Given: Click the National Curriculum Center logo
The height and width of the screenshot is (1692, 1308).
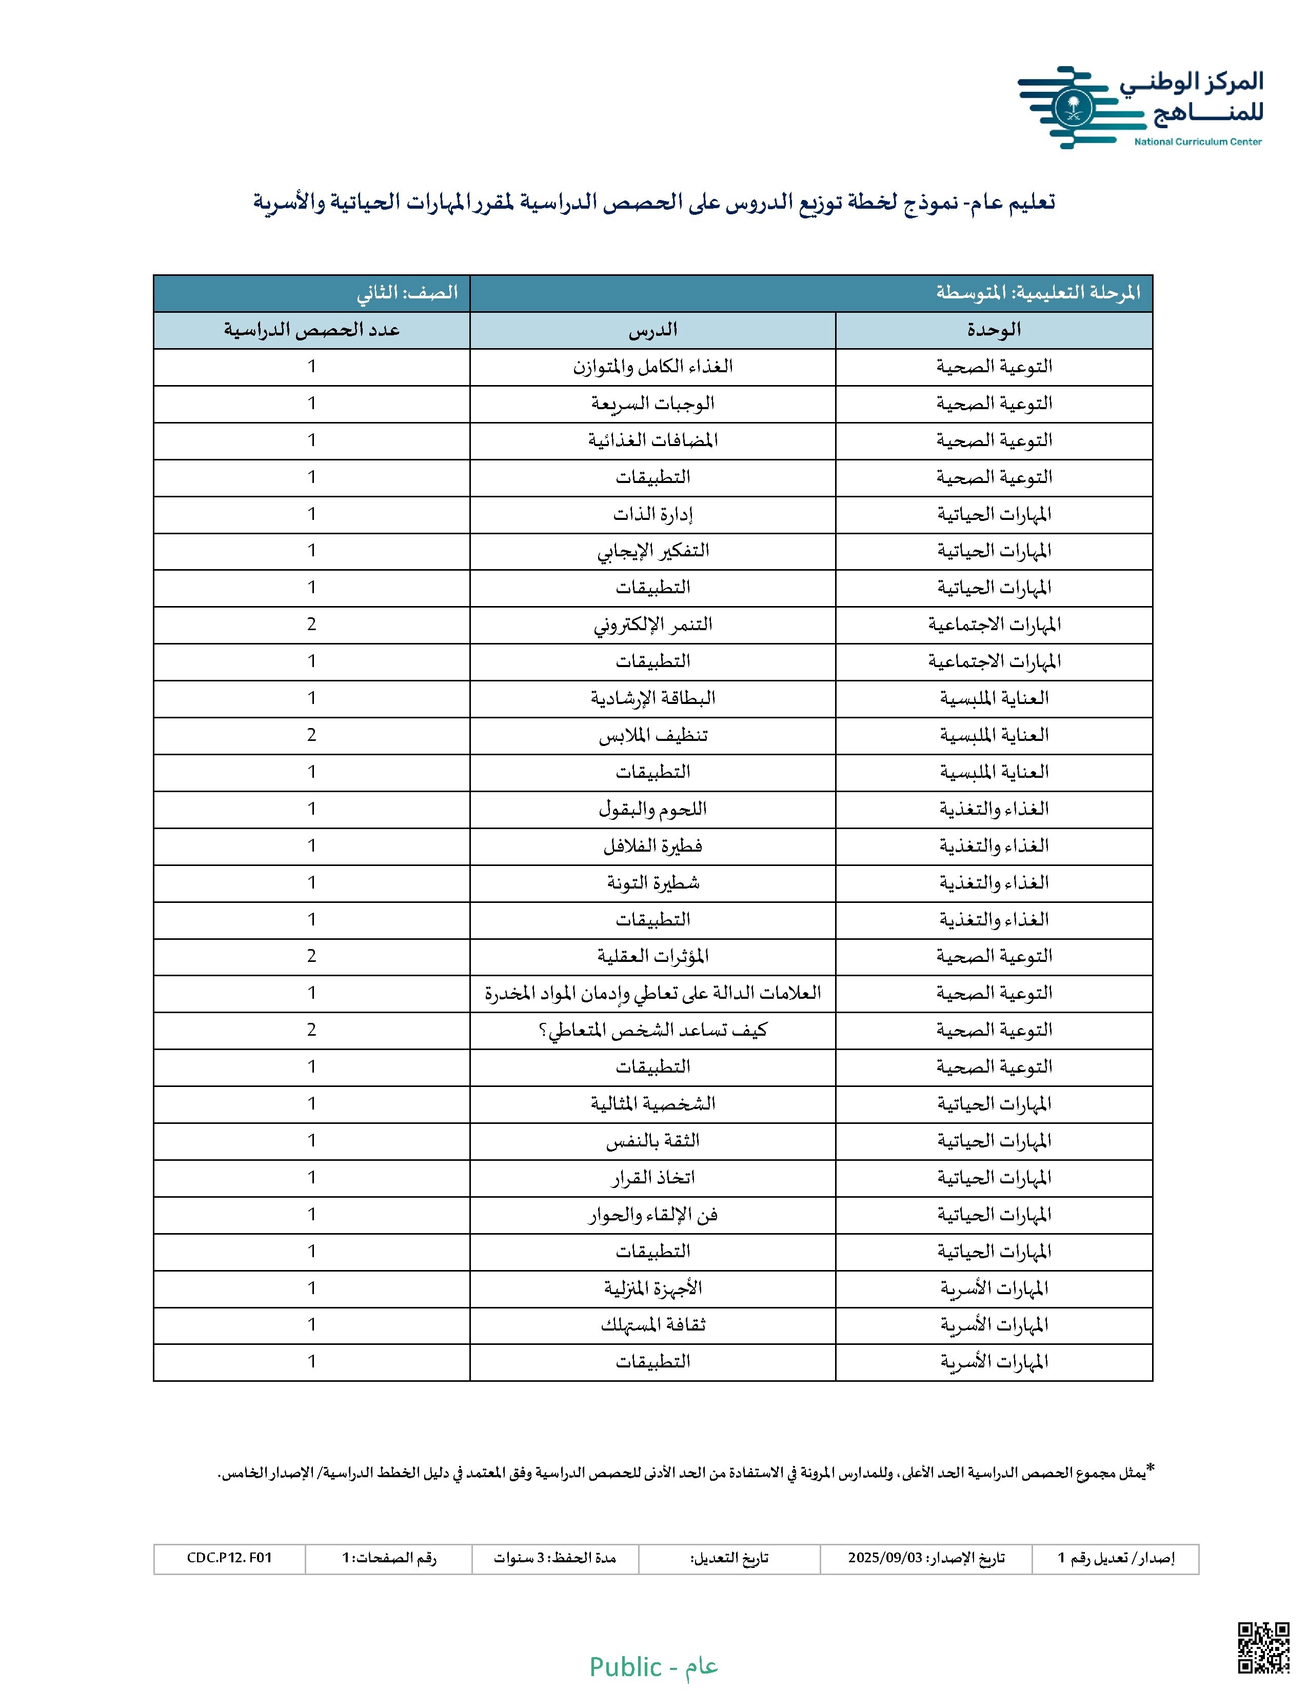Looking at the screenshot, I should [1139, 107].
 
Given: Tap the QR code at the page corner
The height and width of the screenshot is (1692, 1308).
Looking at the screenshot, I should [1263, 1647].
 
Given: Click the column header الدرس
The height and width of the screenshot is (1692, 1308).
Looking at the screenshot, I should [652, 330].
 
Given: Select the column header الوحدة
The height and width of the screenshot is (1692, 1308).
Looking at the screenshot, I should [994, 330].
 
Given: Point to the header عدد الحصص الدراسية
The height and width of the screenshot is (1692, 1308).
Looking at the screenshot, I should [311, 330].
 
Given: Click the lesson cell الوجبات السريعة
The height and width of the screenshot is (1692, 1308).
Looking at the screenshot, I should [652, 404].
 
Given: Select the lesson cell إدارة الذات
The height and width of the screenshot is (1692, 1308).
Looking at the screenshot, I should [652, 514].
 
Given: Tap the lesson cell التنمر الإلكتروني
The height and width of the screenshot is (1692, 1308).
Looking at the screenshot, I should [652, 625].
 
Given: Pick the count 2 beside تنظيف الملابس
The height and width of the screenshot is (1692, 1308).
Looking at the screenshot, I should [311, 735].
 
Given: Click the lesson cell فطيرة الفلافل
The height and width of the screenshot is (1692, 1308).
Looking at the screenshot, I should [652, 846].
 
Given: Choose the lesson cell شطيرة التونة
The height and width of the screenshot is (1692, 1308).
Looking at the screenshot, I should [652, 882].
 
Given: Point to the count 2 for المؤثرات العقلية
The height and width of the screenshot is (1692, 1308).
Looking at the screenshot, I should [311, 956].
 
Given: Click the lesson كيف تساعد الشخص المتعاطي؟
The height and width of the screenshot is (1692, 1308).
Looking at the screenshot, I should [652, 1031].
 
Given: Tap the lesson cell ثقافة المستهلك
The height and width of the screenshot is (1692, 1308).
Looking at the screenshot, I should [652, 1325].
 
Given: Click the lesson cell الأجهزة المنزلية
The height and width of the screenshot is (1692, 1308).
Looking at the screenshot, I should [652, 1288].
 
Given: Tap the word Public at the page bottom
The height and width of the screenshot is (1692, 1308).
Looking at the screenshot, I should [625, 1666].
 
